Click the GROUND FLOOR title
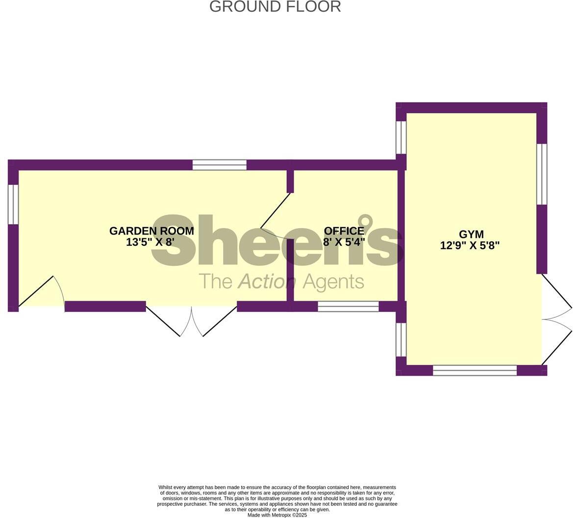click(275, 7)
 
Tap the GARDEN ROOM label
click(151, 231)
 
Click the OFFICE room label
click(344, 231)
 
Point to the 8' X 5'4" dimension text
click(344, 242)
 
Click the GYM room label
click(471, 234)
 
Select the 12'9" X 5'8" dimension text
click(470, 246)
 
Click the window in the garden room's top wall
click(219, 165)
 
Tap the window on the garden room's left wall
click(13, 204)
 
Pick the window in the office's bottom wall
click(348, 307)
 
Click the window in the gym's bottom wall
click(474, 370)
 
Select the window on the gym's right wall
click(542, 174)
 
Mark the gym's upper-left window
click(401, 137)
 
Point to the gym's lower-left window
click(401, 339)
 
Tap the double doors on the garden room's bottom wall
click(192, 321)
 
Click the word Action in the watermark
click(267, 282)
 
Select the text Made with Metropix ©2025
click(277, 515)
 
